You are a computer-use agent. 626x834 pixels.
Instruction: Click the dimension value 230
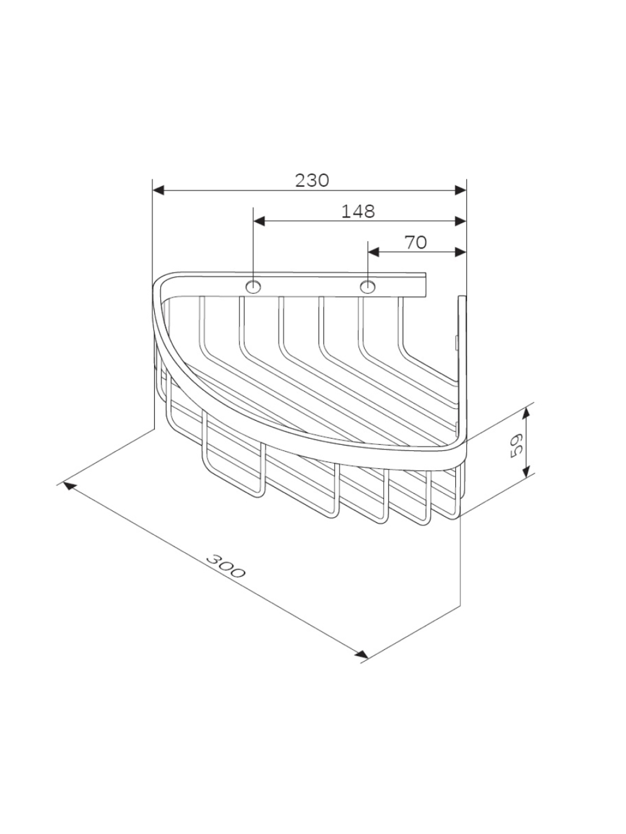coord(312,181)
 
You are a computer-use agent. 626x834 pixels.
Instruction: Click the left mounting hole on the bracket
coord(253,287)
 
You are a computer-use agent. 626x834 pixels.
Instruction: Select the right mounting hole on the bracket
coord(367,287)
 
